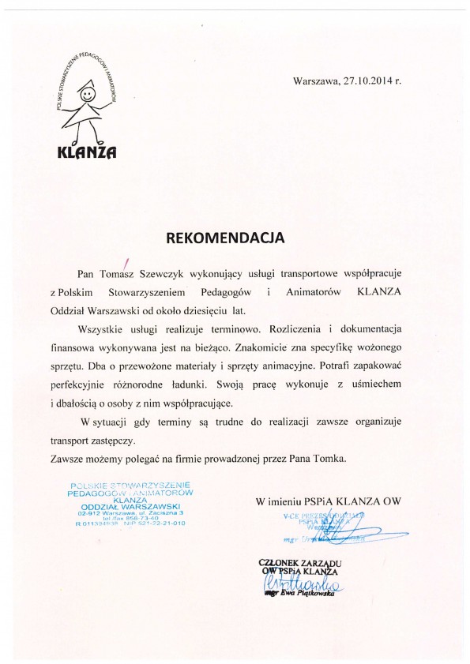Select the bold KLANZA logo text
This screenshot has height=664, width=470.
click(87, 154)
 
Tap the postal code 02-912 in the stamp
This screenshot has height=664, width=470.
click(83, 513)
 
